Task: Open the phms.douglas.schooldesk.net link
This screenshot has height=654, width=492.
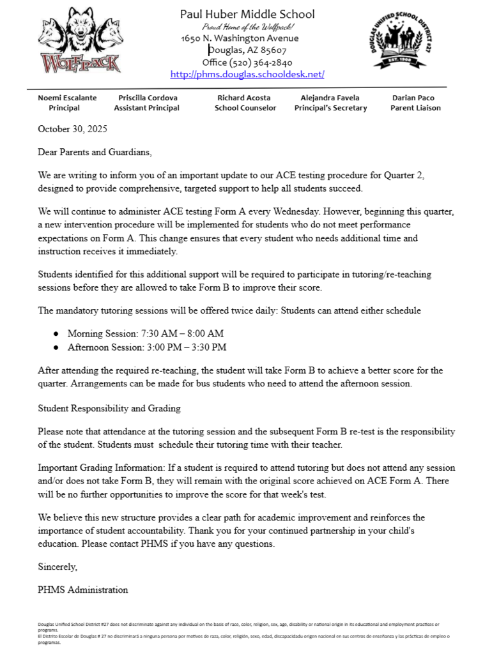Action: pyautogui.click(x=247, y=74)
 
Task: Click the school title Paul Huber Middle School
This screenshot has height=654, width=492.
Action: pyautogui.click(x=247, y=14)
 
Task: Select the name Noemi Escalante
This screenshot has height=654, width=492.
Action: pyautogui.click(x=67, y=98)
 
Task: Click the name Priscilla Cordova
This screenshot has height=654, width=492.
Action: pyautogui.click(x=148, y=98)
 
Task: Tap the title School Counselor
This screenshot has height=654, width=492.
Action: pyautogui.click(x=245, y=108)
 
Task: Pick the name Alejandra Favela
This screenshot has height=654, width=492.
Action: pyautogui.click(x=330, y=98)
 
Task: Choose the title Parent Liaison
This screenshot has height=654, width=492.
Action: pyautogui.click(x=415, y=108)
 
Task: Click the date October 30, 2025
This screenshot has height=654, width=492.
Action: pyautogui.click(x=72, y=128)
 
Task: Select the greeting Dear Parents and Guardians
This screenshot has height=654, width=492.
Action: pyautogui.click(x=95, y=153)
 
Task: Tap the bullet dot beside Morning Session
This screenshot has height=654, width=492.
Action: pyautogui.click(x=56, y=333)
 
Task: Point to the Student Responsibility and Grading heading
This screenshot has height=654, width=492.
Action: pyautogui.click(x=109, y=408)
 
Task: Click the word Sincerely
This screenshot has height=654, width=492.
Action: pyautogui.click(x=58, y=566)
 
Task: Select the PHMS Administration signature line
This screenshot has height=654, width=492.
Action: pyautogui.click(x=83, y=589)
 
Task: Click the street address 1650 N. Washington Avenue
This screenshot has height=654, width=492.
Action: pyautogui.click(x=240, y=38)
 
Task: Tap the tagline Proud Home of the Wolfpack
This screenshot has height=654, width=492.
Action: pyautogui.click(x=247, y=27)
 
